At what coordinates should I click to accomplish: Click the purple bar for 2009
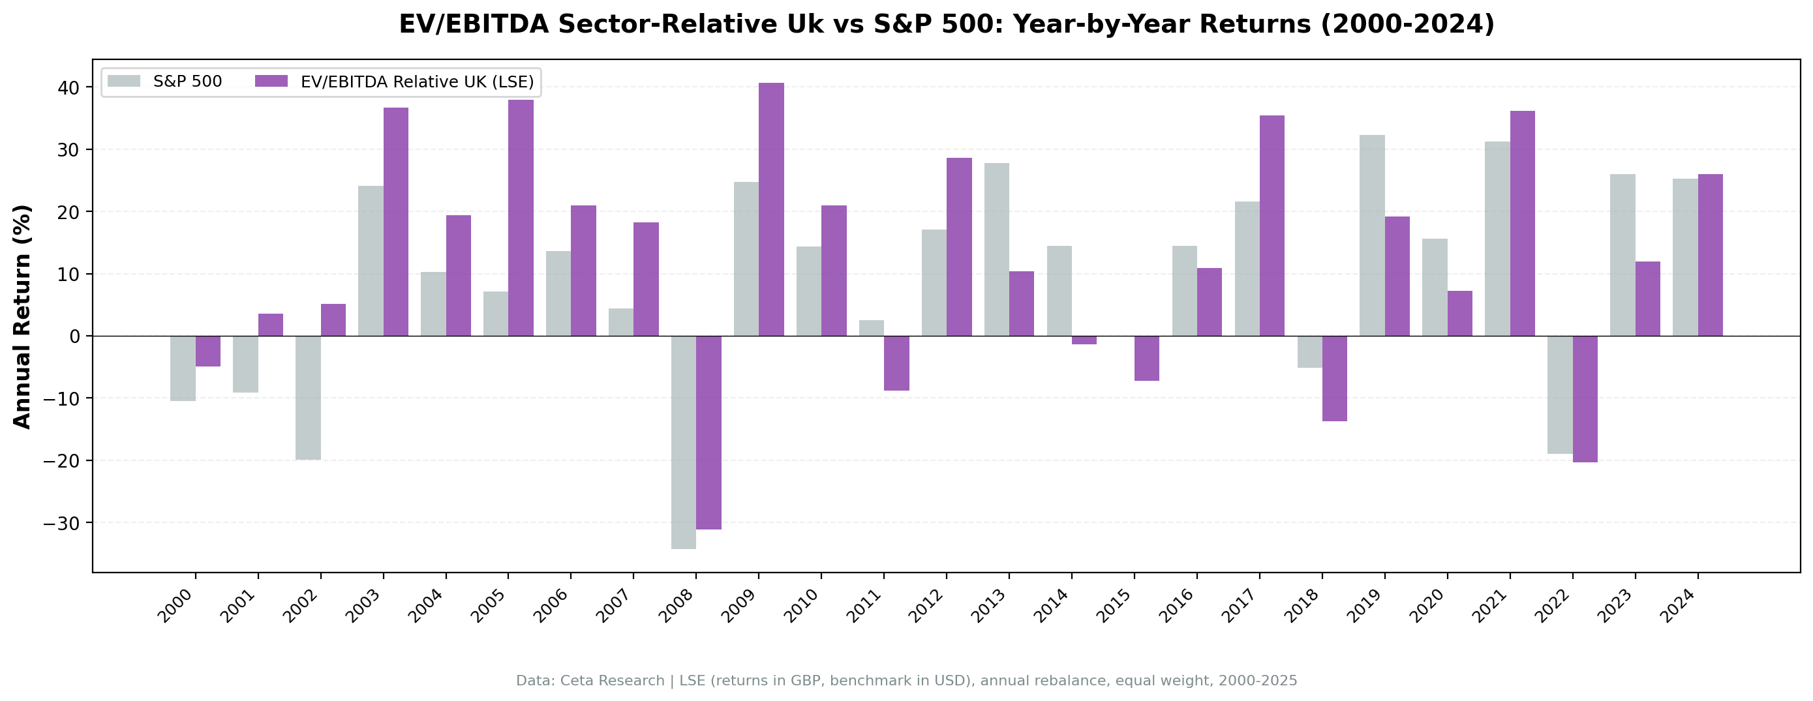tap(770, 209)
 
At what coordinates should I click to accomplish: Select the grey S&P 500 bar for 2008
tap(684, 442)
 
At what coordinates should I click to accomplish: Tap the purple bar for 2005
tap(521, 218)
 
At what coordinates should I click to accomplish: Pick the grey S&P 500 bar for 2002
tap(309, 398)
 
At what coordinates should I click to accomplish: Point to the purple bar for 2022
tap(1585, 398)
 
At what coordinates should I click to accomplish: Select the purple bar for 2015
tap(1146, 358)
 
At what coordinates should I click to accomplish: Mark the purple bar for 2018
tap(1334, 378)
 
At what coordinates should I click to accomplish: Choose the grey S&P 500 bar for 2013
tap(997, 249)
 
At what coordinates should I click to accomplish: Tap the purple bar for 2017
tap(1272, 225)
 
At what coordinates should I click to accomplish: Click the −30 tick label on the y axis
tap(61, 523)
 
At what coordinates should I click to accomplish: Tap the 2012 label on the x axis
tap(927, 606)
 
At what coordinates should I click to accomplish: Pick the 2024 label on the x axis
tap(1679, 606)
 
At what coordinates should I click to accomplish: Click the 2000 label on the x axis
tap(175, 606)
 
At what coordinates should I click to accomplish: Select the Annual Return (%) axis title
tap(23, 316)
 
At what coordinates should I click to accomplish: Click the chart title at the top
tap(947, 24)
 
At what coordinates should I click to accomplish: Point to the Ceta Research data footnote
tap(907, 681)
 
